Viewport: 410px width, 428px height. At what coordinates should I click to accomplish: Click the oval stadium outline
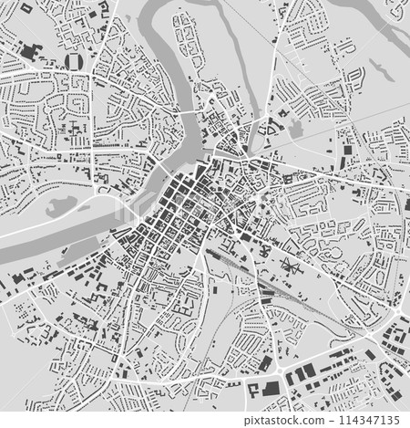[75, 61]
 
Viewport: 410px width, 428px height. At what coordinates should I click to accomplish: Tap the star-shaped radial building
[290, 267]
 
